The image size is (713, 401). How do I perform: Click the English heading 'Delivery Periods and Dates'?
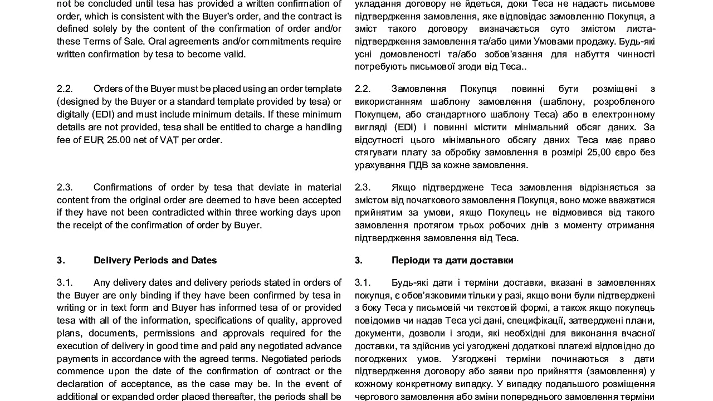coord(155,260)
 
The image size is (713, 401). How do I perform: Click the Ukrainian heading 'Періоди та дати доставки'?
coord(452,260)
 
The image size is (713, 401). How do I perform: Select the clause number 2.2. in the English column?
coord(65,89)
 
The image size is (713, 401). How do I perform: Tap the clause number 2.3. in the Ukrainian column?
coord(363,187)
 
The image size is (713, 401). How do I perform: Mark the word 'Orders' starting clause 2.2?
coord(109,89)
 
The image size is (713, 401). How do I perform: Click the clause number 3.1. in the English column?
coord(65,282)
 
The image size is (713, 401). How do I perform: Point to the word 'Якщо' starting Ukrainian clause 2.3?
coord(404,187)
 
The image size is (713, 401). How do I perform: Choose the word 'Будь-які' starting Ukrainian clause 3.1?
coord(409,282)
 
